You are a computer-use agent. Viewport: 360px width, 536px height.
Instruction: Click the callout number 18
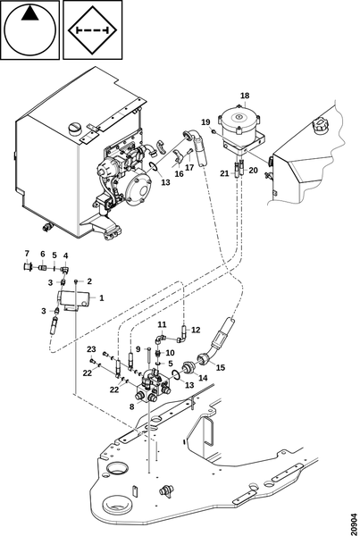tap(245, 96)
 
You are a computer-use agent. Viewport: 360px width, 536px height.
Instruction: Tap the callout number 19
tap(205, 122)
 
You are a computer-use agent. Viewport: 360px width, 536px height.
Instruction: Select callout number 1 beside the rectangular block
tap(102, 298)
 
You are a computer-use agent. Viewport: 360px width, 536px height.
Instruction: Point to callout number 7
tap(27, 254)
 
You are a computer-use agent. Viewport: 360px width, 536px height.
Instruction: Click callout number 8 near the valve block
tap(132, 407)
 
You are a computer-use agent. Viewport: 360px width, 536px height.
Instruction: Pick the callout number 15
tap(221, 368)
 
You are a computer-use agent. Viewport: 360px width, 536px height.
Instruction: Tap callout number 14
tap(203, 378)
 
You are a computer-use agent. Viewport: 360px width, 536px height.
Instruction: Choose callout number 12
tap(196, 330)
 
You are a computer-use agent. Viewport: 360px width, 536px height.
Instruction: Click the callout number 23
tap(91, 349)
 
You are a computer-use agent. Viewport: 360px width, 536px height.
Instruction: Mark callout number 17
tap(189, 168)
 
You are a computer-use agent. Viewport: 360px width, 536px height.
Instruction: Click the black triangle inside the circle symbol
tap(29, 14)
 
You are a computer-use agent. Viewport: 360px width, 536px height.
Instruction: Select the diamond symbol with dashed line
tap(93, 30)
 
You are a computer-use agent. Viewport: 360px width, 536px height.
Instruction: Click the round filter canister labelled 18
tap(239, 127)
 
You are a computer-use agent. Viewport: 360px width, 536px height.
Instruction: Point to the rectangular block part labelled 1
tap(74, 298)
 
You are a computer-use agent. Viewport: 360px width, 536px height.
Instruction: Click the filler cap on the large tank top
tap(74, 128)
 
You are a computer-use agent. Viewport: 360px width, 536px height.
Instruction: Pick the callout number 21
tap(224, 173)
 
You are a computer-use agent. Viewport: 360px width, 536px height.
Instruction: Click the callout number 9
tap(138, 349)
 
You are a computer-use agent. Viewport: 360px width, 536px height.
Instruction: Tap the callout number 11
tap(162, 324)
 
